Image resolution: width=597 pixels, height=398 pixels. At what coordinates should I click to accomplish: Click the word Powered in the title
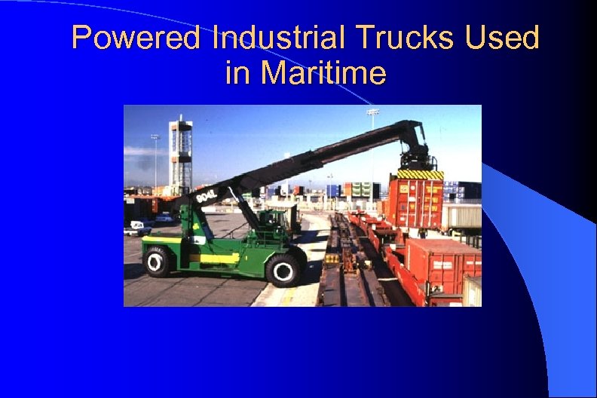click(x=136, y=38)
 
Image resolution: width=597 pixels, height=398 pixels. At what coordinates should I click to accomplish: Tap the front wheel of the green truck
click(x=284, y=269)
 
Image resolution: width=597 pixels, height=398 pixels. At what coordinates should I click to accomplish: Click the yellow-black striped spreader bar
click(x=420, y=174)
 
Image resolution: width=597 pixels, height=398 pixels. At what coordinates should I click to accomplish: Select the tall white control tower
click(x=180, y=154)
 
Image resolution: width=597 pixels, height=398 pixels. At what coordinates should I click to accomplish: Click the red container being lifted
click(x=415, y=202)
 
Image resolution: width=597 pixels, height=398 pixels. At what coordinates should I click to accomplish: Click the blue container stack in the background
click(x=332, y=191)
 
